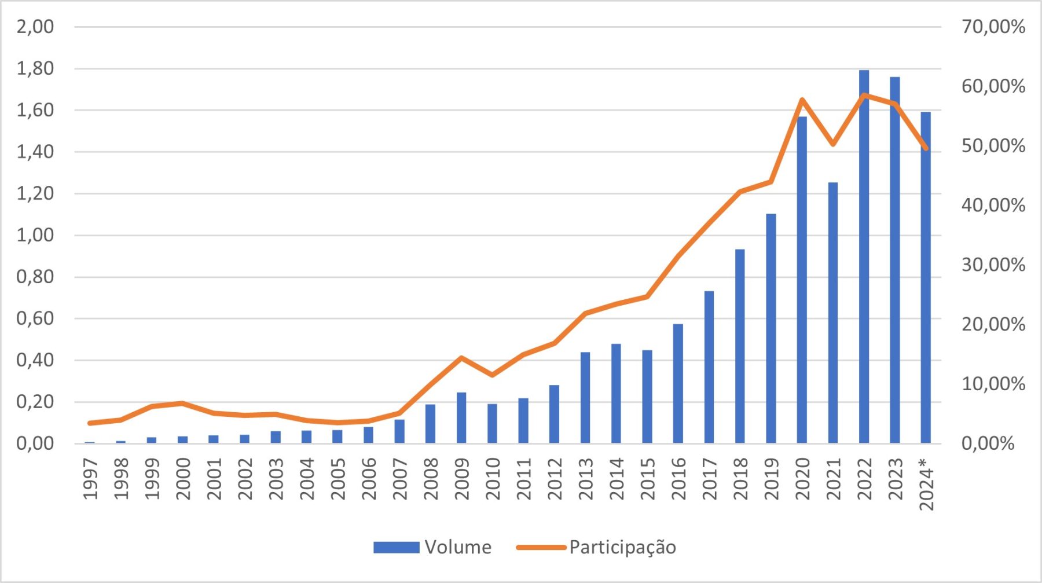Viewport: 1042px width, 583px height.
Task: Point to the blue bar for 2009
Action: click(x=461, y=417)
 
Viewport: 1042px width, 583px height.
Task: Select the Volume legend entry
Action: click(x=432, y=547)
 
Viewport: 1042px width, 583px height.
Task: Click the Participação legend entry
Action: click(x=596, y=547)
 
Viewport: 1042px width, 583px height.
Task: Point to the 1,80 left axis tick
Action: click(x=35, y=68)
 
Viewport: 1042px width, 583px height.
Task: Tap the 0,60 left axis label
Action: click(x=35, y=318)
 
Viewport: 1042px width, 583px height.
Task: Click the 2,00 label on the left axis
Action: click(x=35, y=27)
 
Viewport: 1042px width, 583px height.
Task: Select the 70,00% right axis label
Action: click(x=993, y=27)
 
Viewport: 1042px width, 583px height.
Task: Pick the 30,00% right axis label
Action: click(x=993, y=265)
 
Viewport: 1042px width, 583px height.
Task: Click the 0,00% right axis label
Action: click(x=988, y=443)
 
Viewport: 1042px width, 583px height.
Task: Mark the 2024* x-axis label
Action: click(x=926, y=484)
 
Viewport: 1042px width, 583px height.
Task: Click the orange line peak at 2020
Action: click(x=802, y=100)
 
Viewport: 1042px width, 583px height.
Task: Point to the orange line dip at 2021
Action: click(x=833, y=144)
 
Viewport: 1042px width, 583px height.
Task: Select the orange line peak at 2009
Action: click(x=461, y=358)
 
